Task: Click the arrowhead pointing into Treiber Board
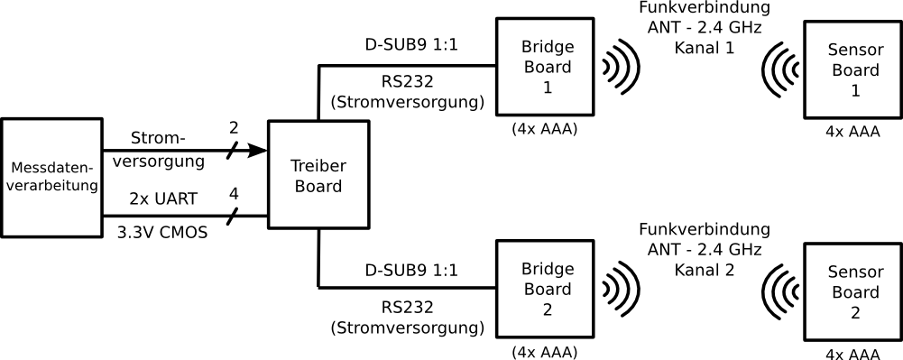[257, 151]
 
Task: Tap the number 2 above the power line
[234, 128]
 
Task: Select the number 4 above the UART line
[234, 194]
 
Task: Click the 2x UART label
[164, 199]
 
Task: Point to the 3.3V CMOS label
[161, 234]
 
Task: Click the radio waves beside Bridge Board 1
[622, 67]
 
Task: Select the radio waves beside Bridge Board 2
[622, 289]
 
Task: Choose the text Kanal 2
[704, 270]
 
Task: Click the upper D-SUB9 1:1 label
[411, 45]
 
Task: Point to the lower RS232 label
[407, 307]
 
